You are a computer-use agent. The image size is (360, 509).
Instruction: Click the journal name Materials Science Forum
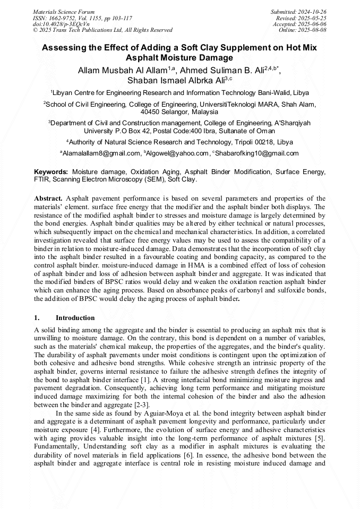coord(64,11)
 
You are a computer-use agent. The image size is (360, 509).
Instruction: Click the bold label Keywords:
coord(51,172)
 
